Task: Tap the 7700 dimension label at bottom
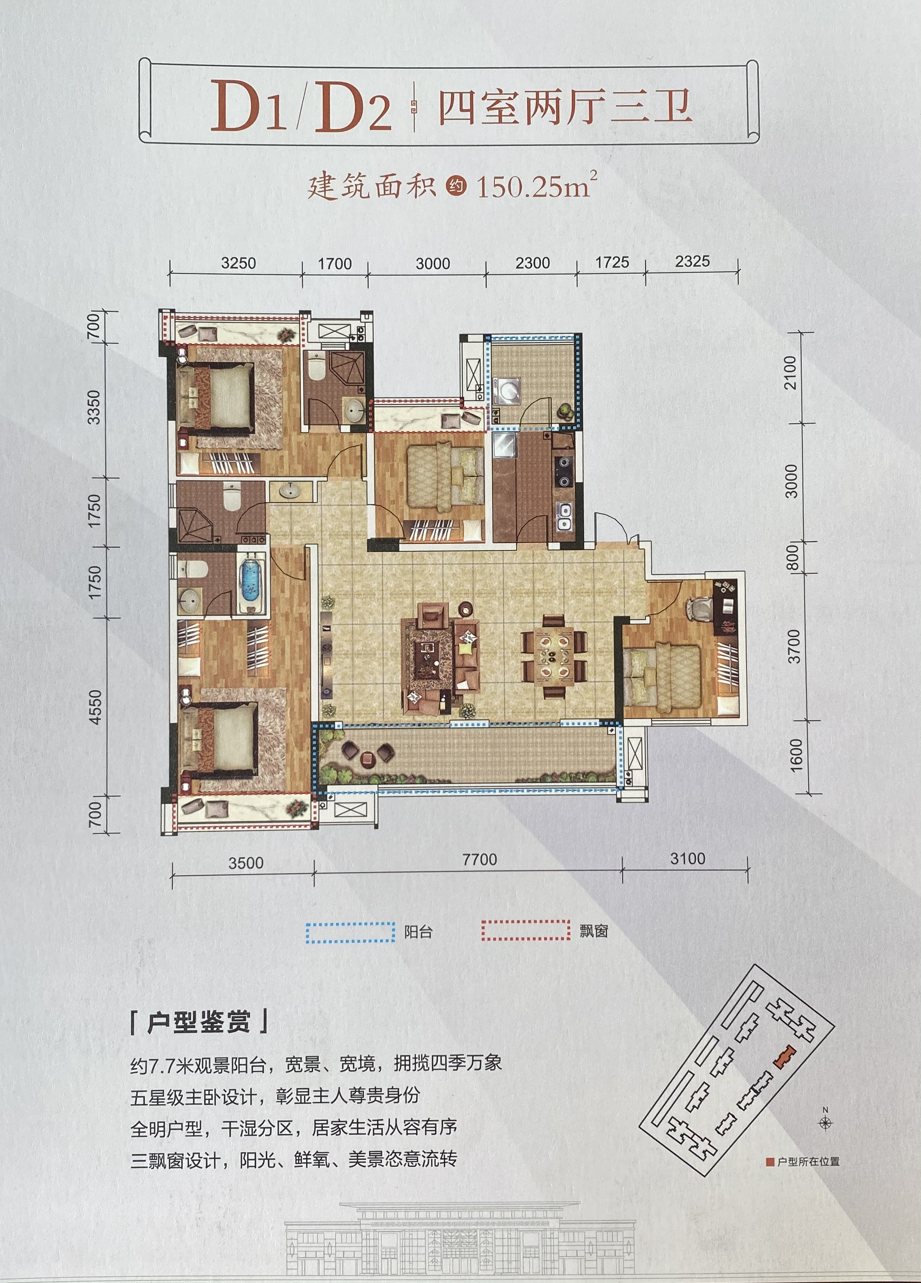[479, 859]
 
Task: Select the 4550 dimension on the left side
[95, 707]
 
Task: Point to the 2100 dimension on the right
[790, 372]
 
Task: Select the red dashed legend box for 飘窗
[526, 930]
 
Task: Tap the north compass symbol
[825, 1118]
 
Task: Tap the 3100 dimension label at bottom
[688, 859]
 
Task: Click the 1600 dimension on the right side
[796, 754]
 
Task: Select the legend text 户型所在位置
[808, 1161]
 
